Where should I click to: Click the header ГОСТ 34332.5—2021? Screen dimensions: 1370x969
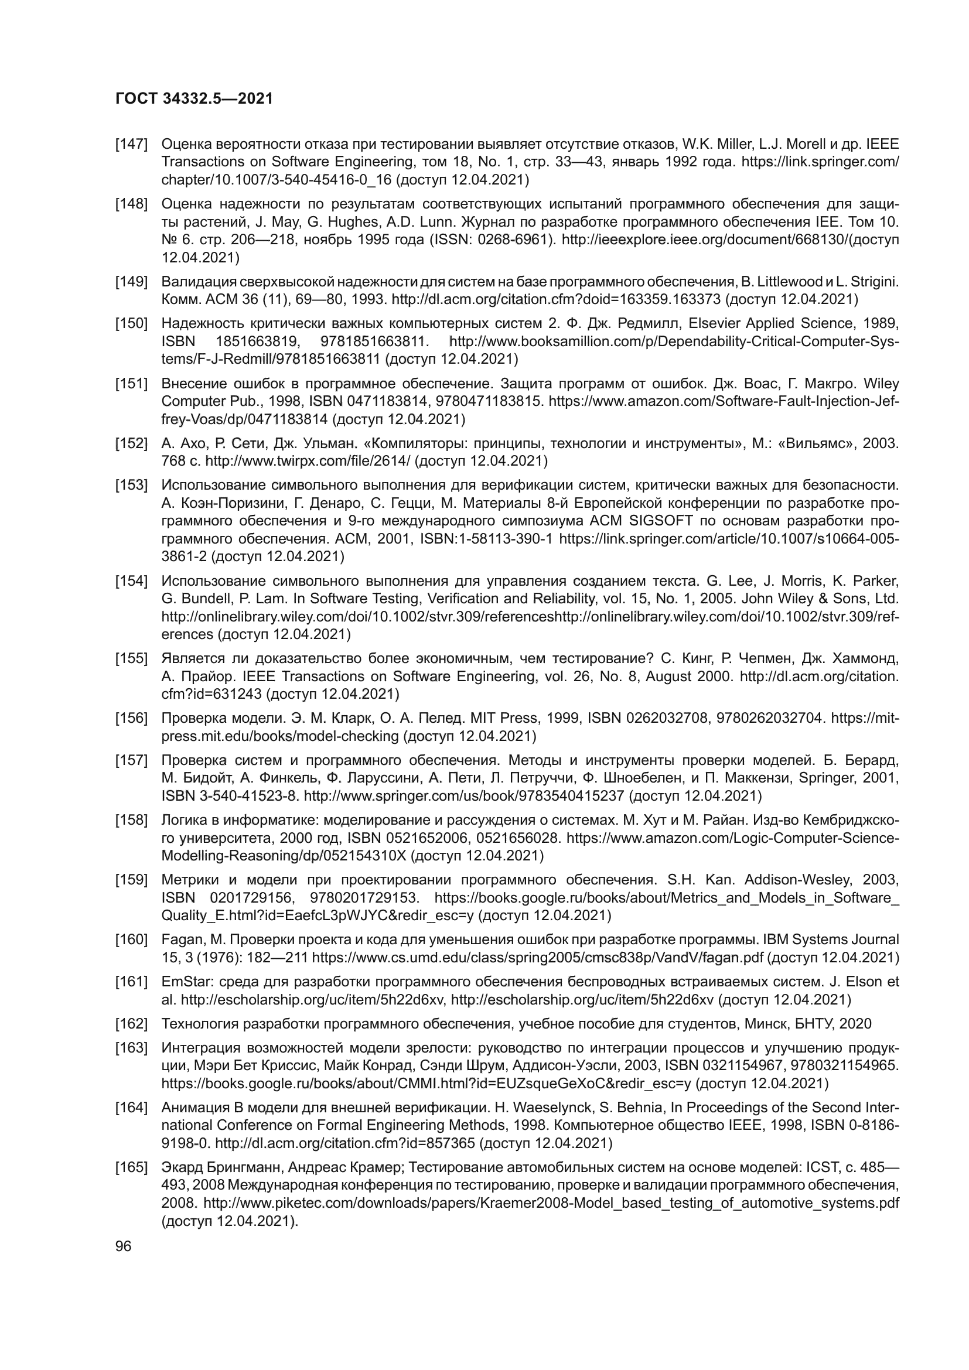click(x=194, y=98)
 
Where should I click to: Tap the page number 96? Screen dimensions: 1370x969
click(x=124, y=1246)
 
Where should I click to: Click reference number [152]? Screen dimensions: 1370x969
click(x=131, y=443)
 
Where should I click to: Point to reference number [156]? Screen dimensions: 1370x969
click(x=131, y=718)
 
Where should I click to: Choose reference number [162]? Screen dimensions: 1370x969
click(x=131, y=1024)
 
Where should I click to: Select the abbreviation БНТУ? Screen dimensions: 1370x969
click(x=815, y=1024)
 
